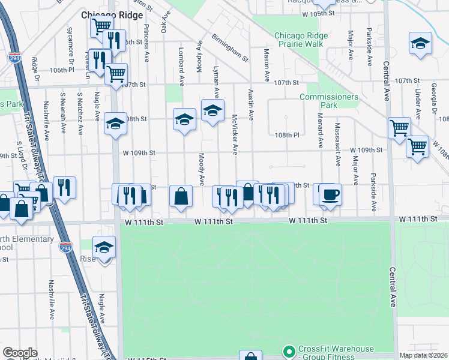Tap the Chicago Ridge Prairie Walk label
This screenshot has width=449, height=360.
(301, 40)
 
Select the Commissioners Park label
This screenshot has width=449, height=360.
(329, 101)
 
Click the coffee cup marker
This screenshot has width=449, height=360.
(330, 195)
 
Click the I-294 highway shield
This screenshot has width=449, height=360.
(15, 58)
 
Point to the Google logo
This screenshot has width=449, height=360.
(19, 353)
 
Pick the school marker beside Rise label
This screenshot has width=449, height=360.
(104, 248)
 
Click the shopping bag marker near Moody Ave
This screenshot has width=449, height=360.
(181, 196)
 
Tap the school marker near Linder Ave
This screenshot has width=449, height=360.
(420, 43)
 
